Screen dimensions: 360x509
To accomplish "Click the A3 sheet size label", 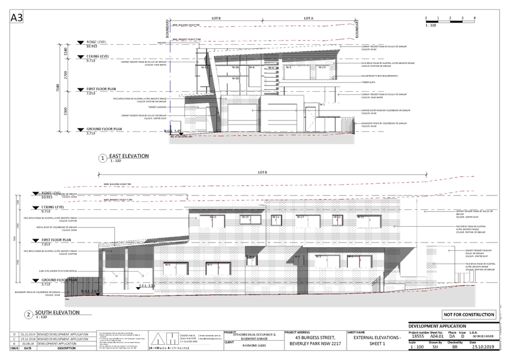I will pyautogui.click(x=17, y=18).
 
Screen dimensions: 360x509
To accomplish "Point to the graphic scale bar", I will pyautogui.click(x=450, y=22).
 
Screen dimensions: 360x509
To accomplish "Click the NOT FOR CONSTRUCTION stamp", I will pyautogui.click(x=469, y=314).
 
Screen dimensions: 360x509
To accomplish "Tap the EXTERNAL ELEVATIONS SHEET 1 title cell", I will pyautogui.click(x=375, y=339).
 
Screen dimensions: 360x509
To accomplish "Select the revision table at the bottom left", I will pyautogui.click(x=52, y=341).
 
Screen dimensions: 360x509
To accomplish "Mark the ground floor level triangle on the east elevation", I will pyautogui.click(x=80, y=129).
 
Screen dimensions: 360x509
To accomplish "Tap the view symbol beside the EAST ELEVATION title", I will pyautogui.click(x=102, y=156).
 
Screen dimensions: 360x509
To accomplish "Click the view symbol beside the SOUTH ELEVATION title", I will pyautogui.click(x=27, y=313).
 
